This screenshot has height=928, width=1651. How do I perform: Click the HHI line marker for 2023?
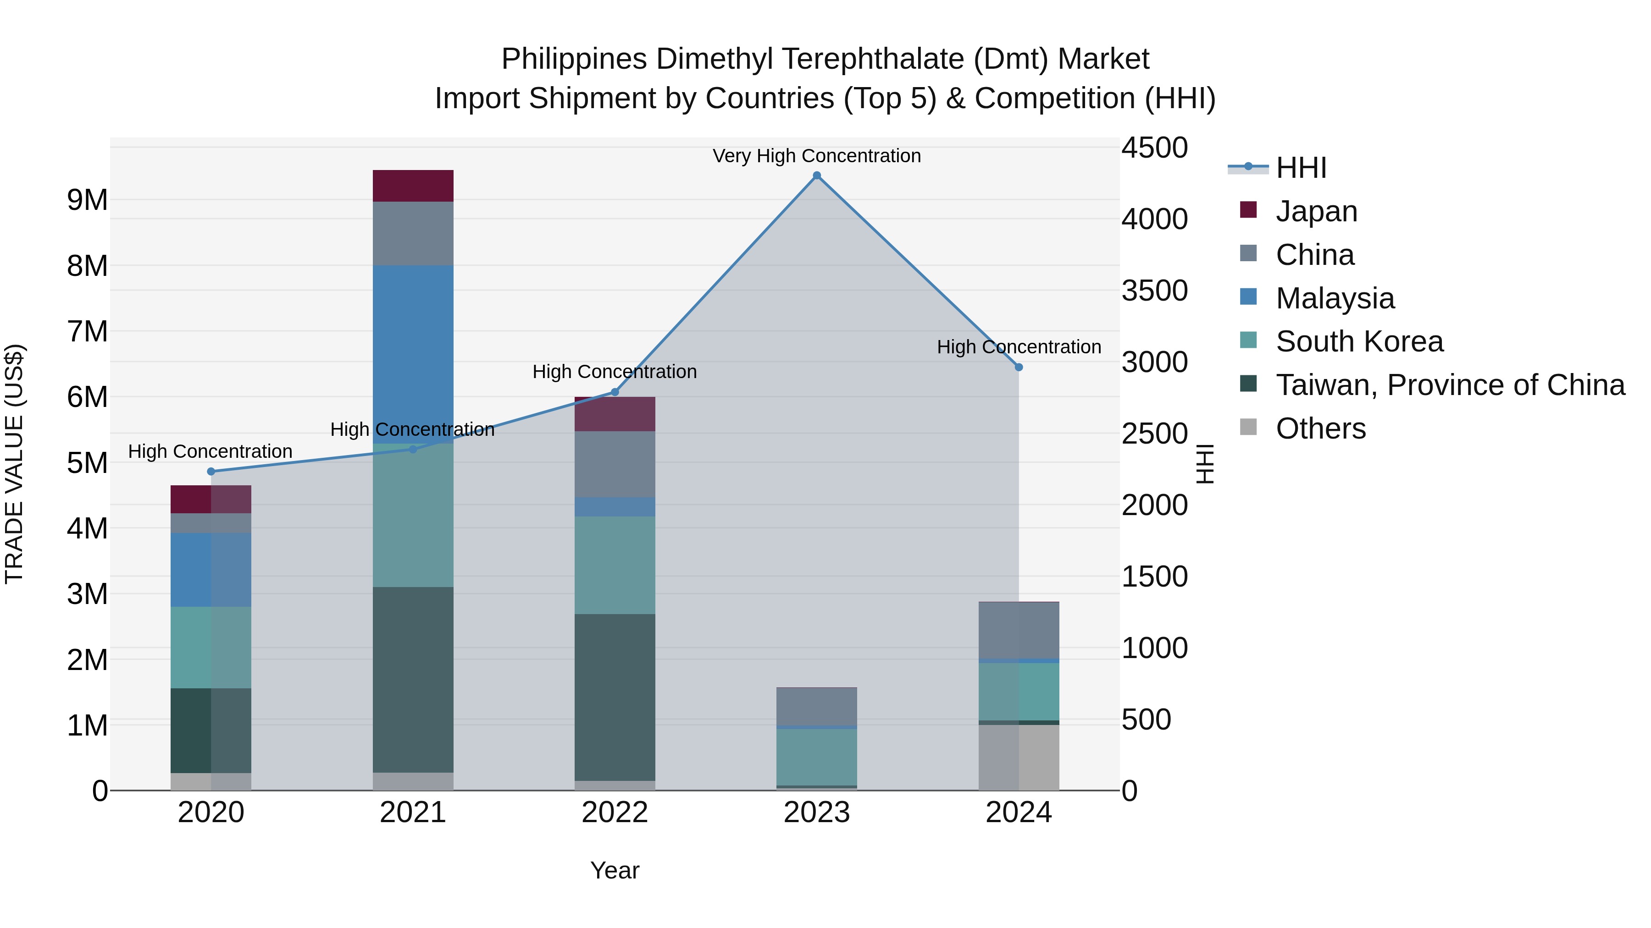pyautogui.click(x=816, y=176)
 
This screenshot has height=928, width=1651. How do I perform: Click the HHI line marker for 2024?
pyautogui.click(x=1019, y=367)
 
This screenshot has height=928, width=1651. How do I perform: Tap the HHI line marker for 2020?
pyautogui.click(x=211, y=472)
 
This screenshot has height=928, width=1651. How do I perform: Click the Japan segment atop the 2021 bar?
pyautogui.click(x=413, y=186)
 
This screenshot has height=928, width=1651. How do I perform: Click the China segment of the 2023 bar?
pyautogui.click(x=816, y=706)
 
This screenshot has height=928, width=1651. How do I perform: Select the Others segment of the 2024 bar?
pyautogui.click(x=1019, y=757)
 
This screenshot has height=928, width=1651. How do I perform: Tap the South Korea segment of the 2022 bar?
pyautogui.click(x=615, y=565)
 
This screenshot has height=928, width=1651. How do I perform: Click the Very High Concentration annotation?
pyautogui.click(x=816, y=156)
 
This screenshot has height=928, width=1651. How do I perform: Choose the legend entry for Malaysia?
pyautogui.click(x=1335, y=298)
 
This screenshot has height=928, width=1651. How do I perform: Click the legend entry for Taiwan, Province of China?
pyautogui.click(x=1450, y=385)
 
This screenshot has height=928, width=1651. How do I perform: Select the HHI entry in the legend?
pyautogui.click(x=1301, y=168)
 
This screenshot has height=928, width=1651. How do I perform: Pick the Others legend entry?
pyautogui.click(x=1320, y=428)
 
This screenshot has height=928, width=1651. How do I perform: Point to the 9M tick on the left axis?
pyautogui.click(x=88, y=200)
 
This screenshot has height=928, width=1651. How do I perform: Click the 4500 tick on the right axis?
pyautogui.click(x=1154, y=148)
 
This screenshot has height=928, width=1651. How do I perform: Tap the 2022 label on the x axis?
pyautogui.click(x=615, y=813)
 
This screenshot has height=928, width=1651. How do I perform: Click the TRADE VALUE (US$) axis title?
pyautogui.click(x=14, y=464)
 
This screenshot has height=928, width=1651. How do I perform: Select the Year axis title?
pyautogui.click(x=615, y=870)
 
